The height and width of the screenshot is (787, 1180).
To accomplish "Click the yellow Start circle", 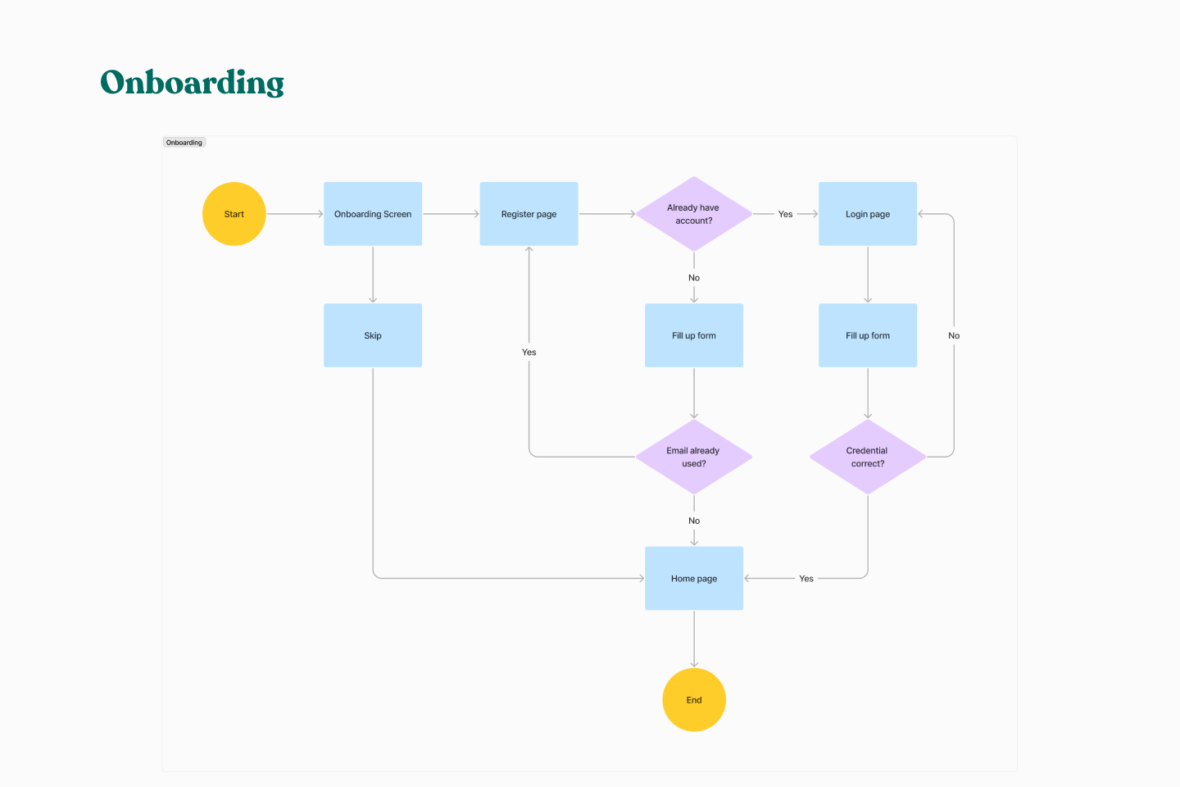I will [x=234, y=214].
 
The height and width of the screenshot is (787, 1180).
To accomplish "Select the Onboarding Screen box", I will [x=373, y=214].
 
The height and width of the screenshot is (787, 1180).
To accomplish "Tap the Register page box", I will [x=529, y=214].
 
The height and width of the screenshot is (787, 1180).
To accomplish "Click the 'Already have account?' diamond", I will [x=693, y=214].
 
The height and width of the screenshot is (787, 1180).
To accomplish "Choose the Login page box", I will [x=867, y=214].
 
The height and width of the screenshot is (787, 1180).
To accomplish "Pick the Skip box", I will [x=373, y=335].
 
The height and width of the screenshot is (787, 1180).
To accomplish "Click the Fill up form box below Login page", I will [x=867, y=335].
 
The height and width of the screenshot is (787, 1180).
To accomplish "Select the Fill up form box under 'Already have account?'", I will [x=693, y=335].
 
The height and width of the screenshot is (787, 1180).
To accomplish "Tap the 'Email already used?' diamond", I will [x=693, y=457].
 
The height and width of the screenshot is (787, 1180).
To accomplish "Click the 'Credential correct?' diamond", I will [x=867, y=457].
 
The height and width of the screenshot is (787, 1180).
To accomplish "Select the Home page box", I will [x=693, y=578].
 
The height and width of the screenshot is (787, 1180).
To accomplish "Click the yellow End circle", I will [x=693, y=700].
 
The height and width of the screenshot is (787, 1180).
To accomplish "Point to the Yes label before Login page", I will [x=785, y=214].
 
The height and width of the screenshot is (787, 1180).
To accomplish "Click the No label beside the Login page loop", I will [x=954, y=335].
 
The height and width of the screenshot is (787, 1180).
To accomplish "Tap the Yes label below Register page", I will [x=529, y=353].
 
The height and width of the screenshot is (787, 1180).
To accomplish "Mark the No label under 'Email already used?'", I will [x=693, y=521].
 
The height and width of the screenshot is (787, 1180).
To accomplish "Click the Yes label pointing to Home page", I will [x=806, y=579].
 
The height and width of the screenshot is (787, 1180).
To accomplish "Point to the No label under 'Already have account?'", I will [x=693, y=278].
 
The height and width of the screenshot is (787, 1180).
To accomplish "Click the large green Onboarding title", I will [x=192, y=83].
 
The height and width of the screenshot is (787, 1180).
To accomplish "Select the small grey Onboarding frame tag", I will [x=184, y=143].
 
